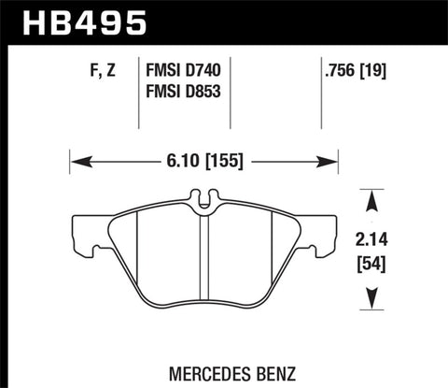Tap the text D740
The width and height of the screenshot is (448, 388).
pos(210,68)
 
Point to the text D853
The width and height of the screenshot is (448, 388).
pos(210,91)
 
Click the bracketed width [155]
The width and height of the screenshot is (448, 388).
pos(221,161)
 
